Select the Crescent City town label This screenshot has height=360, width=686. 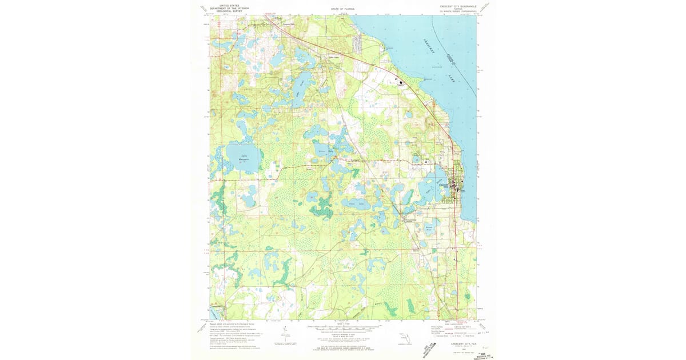(445, 186)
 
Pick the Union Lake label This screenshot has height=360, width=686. (356, 203)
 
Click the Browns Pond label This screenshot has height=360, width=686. (430, 228)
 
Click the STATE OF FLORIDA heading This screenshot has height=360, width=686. (342, 10)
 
